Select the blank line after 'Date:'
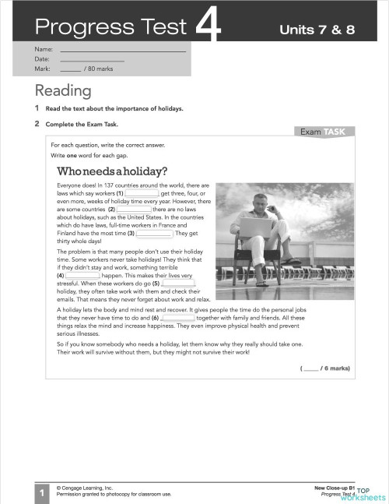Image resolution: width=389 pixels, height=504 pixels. [x=92, y=60]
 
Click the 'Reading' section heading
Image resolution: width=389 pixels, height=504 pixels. [x=62, y=90]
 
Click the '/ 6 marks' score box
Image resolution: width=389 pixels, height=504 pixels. [x=324, y=367]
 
